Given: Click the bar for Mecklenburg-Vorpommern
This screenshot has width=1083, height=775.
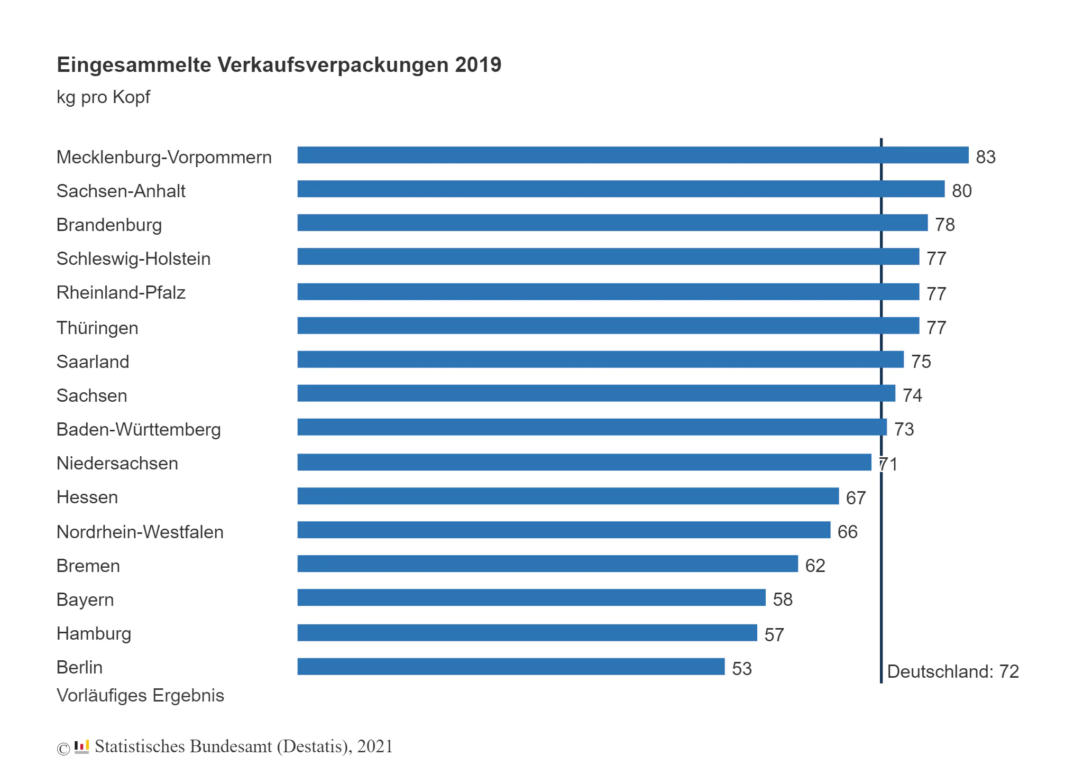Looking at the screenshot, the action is pos(632,155).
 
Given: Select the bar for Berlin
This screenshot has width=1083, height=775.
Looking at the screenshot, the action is pos(511,666).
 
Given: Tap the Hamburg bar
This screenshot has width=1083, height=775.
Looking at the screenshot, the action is pos(527,632).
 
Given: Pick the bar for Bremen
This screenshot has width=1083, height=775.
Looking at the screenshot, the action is pos(547,564).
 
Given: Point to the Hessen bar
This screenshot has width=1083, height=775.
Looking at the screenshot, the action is pos(568,496).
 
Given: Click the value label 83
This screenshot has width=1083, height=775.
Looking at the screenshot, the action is pos(986,157).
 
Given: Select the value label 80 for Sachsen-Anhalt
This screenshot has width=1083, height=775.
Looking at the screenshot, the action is pos(962,191).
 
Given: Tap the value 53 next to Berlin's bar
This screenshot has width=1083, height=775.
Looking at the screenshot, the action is pos(742,669).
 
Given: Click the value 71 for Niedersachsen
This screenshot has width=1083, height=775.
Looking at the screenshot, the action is pos(888,464).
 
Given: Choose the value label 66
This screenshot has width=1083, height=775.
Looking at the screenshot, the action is pos(848,532).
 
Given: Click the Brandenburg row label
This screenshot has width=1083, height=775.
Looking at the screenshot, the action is pos(109,225).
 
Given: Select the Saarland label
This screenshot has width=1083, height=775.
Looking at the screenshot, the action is pos(93,362).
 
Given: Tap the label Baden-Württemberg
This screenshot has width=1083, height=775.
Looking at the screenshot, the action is pos(139,429).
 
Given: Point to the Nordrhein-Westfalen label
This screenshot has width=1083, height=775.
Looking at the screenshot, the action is pos(140,532).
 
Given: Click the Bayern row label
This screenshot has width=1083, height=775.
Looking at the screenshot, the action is pos(85,600).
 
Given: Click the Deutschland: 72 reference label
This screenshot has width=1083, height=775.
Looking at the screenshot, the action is pos(953,671).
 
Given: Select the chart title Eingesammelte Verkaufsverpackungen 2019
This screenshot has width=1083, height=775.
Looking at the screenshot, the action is pos(279,65).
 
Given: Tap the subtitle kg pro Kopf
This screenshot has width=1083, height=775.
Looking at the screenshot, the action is pos(103,98).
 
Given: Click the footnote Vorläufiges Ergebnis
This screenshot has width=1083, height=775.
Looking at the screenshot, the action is pos(140,696).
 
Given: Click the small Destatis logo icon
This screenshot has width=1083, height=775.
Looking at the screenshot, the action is pos(81,746).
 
